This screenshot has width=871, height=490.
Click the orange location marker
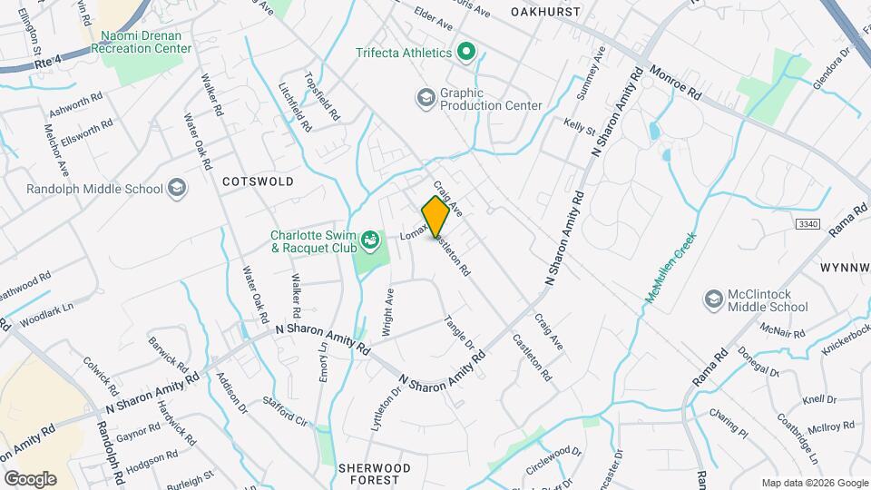[436, 216]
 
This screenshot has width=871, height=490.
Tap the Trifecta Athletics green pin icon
[466, 52]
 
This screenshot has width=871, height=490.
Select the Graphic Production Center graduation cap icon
[426, 97]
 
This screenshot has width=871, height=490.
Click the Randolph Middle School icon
[177, 188]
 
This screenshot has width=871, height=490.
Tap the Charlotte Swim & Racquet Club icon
[370, 240]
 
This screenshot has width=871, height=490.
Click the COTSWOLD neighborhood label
[258, 181]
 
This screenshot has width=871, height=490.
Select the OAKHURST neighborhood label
[544, 12]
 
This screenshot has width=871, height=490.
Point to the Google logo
[29, 478]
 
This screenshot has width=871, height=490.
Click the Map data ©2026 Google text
[813, 483]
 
